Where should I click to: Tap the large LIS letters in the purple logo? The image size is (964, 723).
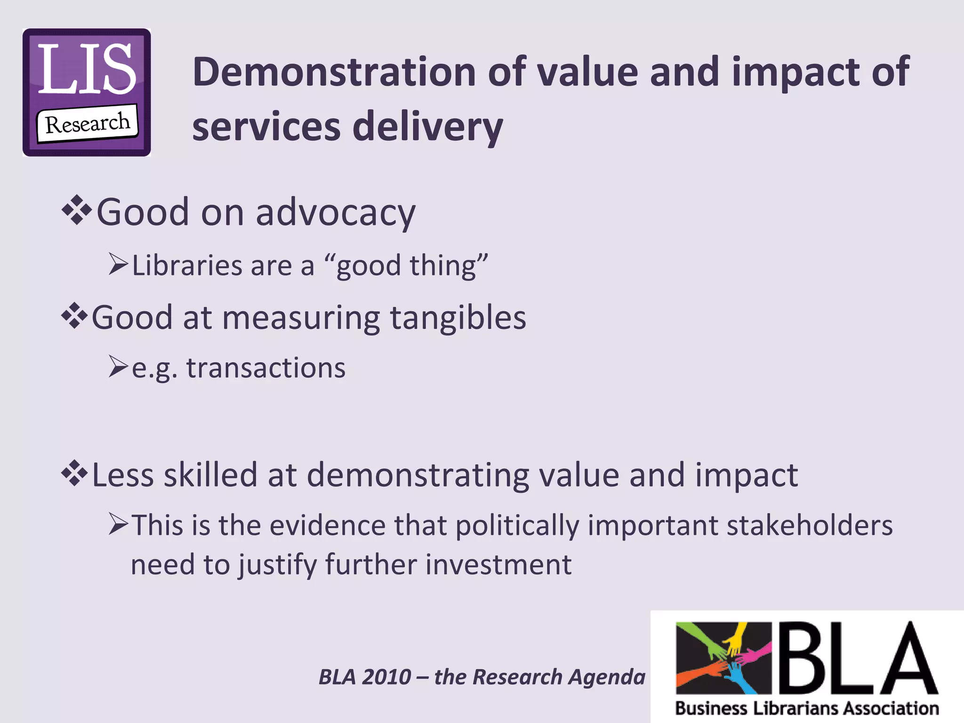pyautogui.click(x=87, y=69)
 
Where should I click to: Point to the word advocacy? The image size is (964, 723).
pyautogui.click(x=335, y=213)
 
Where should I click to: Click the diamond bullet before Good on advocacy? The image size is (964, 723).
pyautogui.click(x=76, y=211)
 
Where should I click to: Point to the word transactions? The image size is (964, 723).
pyautogui.click(x=266, y=368)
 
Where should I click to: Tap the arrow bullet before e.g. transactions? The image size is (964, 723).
pyautogui.click(x=118, y=367)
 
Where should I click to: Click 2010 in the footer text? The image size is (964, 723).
pyautogui.click(x=387, y=677)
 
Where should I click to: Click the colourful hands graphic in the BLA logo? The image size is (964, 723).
pyautogui.click(x=723, y=658)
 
